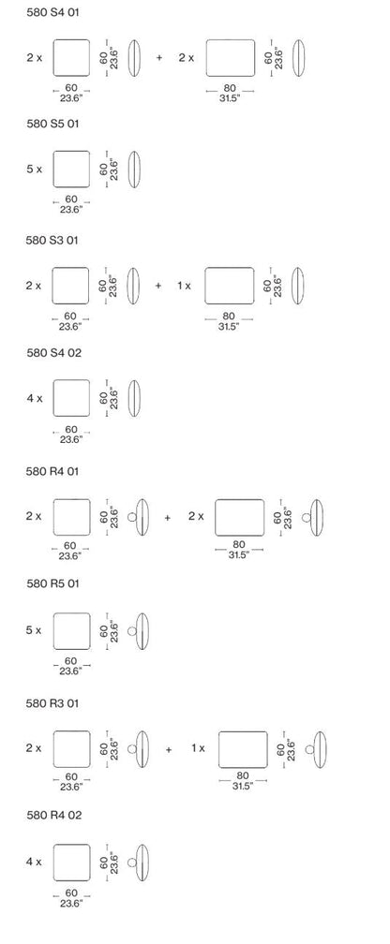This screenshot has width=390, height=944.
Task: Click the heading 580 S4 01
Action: [x=52, y=12]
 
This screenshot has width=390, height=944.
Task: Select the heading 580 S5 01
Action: [x=52, y=124]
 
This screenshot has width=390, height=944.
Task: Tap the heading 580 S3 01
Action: [x=52, y=240]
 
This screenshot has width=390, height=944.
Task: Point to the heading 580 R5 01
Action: [x=52, y=583]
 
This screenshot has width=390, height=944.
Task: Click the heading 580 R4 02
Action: [x=53, y=815]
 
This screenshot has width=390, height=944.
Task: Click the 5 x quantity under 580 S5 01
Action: [x=34, y=170]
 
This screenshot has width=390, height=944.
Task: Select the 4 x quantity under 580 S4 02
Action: [x=35, y=398]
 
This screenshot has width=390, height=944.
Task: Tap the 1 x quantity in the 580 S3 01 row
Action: [x=184, y=286]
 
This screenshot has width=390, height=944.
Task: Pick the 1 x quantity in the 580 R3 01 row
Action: [x=198, y=748]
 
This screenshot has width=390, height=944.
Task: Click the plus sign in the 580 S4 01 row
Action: [x=159, y=58]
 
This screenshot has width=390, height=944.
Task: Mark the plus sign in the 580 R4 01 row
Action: [x=168, y=517]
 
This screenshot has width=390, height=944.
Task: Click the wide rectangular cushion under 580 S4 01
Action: [x=231, y=58]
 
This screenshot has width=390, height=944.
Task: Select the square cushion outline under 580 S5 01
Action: [x=71, y=170]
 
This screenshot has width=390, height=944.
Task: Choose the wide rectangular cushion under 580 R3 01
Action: [x=243, y=749]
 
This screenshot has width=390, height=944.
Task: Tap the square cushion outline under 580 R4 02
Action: [x=72, y=863]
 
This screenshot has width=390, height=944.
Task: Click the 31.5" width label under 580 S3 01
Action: [x=229, y=327]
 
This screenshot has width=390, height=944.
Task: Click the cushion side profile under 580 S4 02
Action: [x=134, y=398]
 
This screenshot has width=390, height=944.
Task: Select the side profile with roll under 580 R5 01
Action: [x=139, y=631]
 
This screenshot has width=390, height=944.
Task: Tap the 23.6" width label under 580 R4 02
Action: [x=71, y=903]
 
